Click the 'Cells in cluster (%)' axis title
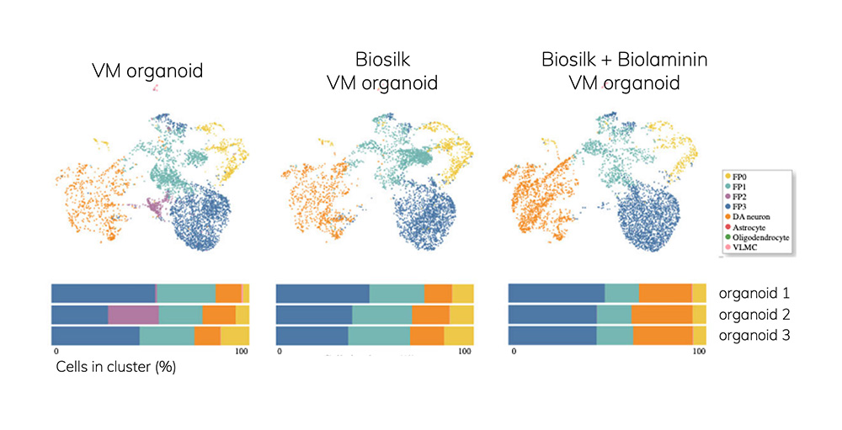coord(115,367)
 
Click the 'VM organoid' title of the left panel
coord(147,71)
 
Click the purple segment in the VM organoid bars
coord(133,315)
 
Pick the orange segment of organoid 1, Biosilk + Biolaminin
coord(665,294)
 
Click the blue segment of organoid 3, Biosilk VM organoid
coord(312,336)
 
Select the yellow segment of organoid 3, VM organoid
coord(235,336)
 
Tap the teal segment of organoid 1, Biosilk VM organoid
coord(397,294)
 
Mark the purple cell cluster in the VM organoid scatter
coord(155,204)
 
